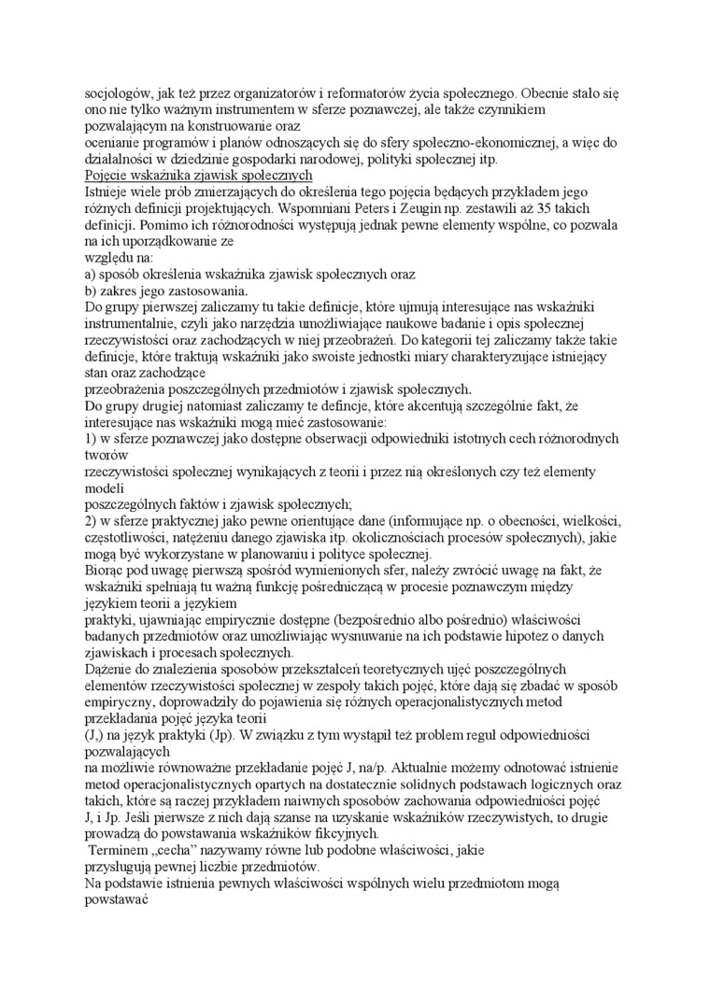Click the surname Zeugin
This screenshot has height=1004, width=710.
419,209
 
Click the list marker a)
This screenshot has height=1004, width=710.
92,275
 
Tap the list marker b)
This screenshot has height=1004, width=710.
92,290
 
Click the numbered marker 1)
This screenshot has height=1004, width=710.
92,438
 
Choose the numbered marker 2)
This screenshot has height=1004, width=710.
92,519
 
